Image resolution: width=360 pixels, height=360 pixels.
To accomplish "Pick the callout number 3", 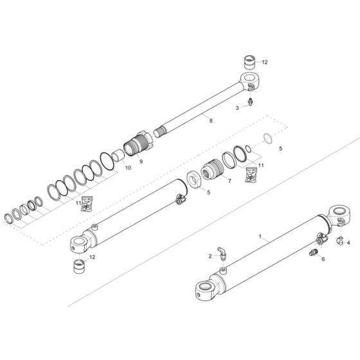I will tap(237, 107).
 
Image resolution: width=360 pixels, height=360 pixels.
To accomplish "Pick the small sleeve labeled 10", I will tap(118, 157).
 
